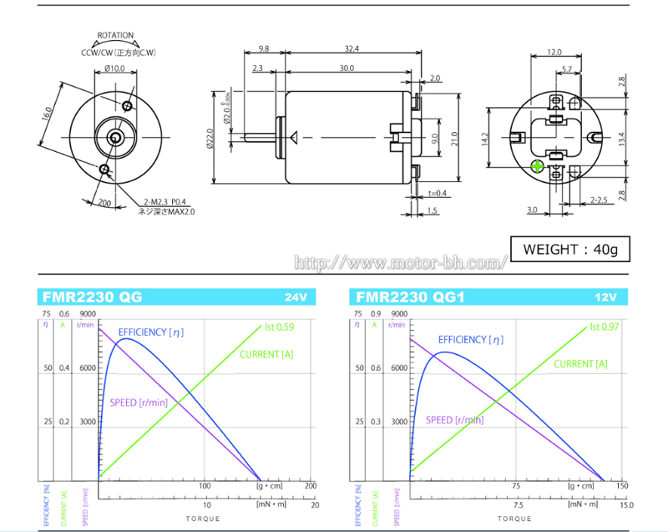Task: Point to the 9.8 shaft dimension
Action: [x=263, y=48]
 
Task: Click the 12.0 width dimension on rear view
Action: [x=554, y=52]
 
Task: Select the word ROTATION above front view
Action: [x=115, y=36]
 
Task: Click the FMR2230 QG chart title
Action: [x=92, y=296]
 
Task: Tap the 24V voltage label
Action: [x=296, y=297]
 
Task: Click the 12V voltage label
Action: [x=607, y=297]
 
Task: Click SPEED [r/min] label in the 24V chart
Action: [x=139, y=403]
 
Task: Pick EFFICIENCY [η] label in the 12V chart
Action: [x=471, y=340]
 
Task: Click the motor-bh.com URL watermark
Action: [x=402, y=264]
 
